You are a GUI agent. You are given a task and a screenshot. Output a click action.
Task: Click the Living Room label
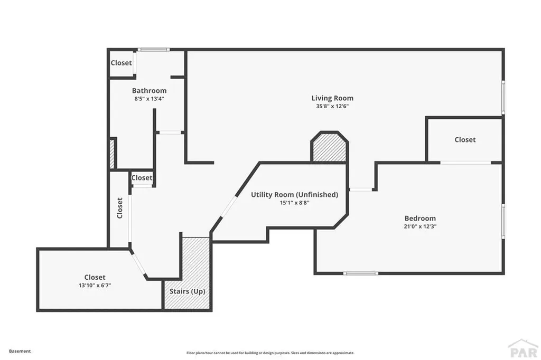332,98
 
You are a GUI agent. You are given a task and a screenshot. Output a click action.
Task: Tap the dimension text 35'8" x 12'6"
332,106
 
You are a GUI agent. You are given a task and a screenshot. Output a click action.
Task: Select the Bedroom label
420,218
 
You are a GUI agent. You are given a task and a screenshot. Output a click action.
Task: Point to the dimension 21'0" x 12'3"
420,226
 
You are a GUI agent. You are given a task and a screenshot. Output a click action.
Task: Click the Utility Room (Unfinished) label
294,194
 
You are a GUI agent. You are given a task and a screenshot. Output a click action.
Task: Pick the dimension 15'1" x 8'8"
294,202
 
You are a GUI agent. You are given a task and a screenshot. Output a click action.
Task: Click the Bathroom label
149,90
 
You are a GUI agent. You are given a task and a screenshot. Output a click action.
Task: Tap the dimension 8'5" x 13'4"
149,98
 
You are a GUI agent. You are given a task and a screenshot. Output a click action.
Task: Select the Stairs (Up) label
187,291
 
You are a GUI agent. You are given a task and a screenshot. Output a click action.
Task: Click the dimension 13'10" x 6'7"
95,285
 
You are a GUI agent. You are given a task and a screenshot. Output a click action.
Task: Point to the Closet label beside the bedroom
465,139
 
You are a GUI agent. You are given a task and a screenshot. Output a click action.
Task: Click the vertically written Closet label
120,208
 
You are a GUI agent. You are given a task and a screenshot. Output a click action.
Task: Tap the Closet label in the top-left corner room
121,63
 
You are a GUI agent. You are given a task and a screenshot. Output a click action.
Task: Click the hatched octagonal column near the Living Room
329,147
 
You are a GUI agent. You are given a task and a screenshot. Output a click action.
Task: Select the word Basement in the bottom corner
20,351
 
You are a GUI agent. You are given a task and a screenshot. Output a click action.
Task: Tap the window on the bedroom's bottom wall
360,273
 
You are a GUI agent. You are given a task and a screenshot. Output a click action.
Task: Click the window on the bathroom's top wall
154,50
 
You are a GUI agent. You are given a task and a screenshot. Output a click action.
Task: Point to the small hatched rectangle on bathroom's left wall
112,154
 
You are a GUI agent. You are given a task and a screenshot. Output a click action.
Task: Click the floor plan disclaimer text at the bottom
270,353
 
